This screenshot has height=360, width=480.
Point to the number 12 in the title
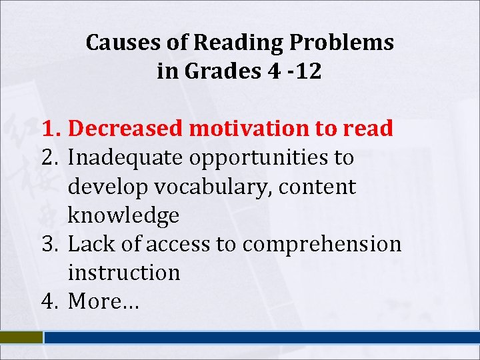point(308,71)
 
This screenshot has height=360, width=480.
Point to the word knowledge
point(123,215)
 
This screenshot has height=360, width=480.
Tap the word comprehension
point(322,244)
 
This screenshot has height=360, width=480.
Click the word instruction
point(123,273)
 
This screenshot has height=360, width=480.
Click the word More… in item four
point(103,301)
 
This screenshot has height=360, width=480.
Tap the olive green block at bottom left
point(21,338)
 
